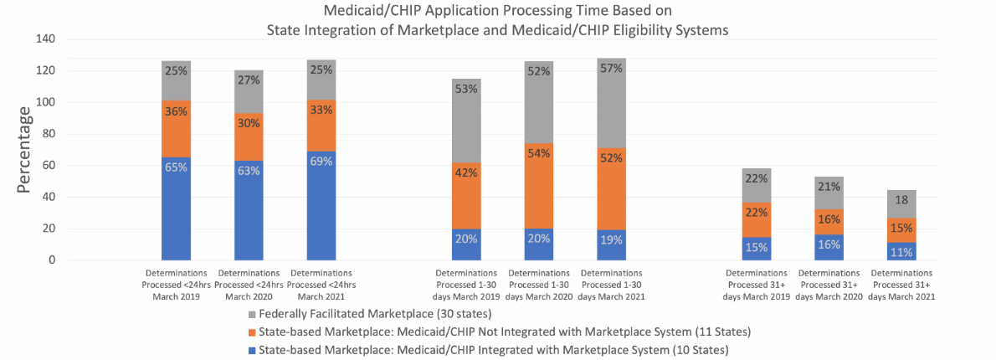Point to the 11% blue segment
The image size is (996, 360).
coord(901,251)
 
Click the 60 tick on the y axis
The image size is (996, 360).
coord(48,166)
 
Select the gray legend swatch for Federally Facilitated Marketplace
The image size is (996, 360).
coord(252,314)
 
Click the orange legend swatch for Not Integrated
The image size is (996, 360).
coord(252,332)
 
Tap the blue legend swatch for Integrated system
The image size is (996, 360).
coord(252,349)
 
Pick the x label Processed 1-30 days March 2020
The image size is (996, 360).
coord(540,285)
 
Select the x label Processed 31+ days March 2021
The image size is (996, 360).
coord(901,285)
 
